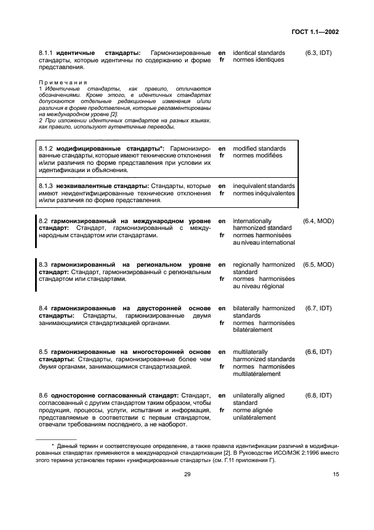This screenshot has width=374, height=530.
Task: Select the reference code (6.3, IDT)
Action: (x=317, y=53)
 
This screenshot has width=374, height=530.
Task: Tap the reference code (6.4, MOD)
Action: (x=318, y=221)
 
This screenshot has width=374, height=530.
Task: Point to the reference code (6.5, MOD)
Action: (x=318, y=264)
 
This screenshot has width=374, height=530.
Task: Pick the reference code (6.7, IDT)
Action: (x=318, y=308)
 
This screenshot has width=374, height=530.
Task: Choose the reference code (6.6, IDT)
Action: (x=318, y=352)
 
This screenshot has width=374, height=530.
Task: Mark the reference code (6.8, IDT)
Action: (x=318, y=395)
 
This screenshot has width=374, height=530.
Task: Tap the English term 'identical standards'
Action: (x=259, y=53)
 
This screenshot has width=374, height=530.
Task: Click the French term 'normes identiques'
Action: (x=258, y=60)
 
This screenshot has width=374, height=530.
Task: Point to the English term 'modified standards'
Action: (x=259, y=149)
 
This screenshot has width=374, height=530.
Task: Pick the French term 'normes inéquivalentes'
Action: (x=264, y=193)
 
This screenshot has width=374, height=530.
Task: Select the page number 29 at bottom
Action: (x=187, y=475)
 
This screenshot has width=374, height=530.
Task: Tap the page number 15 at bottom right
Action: (x=336, y=475)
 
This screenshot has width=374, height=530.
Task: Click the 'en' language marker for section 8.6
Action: (x=222, y=395)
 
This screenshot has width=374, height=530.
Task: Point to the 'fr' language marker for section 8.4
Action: (x=222, y=323)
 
